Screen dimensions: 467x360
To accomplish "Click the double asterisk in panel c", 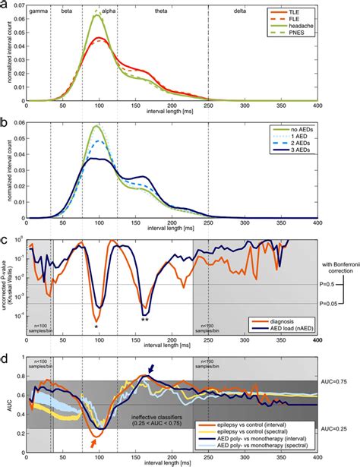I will click(144, 320).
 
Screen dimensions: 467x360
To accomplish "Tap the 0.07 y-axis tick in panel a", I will click(18, 8).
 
